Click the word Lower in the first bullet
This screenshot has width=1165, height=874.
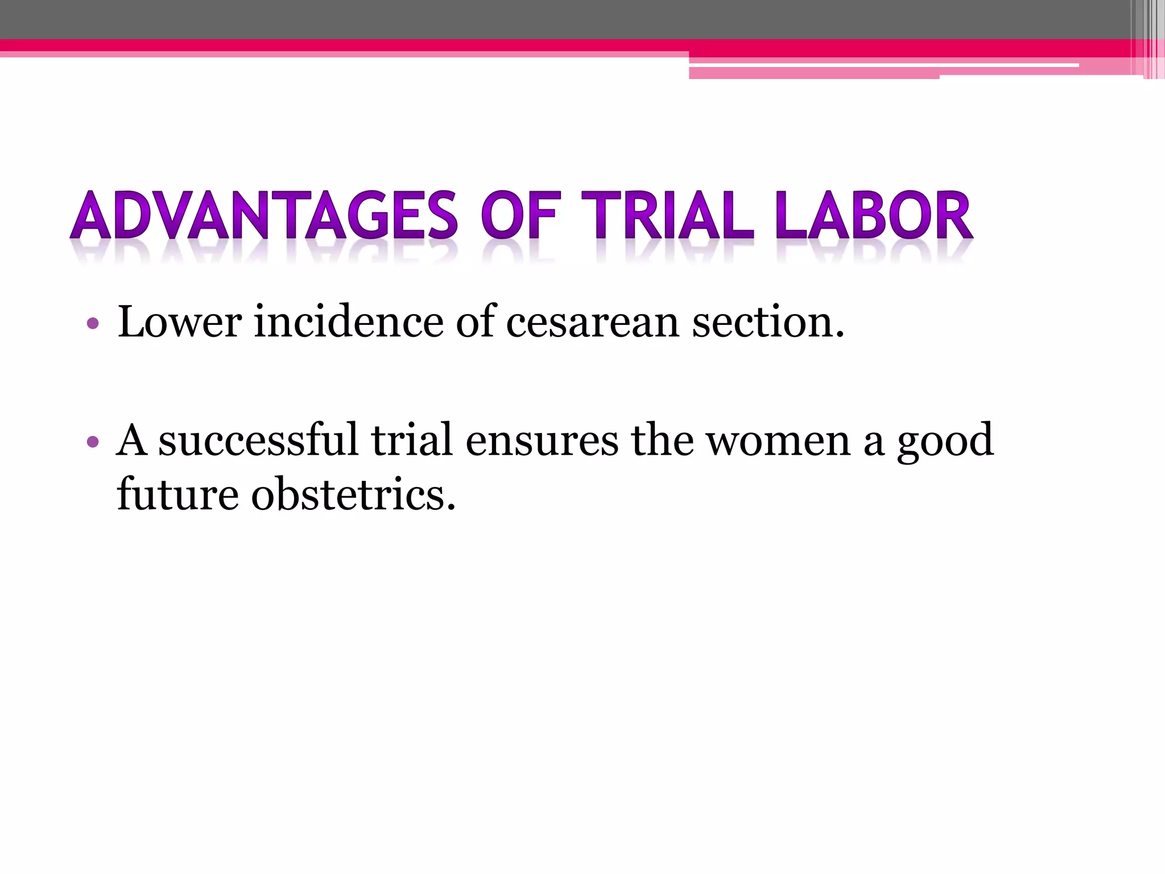coord(180,322)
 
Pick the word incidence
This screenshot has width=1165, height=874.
coord(348,322)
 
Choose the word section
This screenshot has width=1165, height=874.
coord(768,322)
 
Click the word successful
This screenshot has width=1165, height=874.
coord(258,440)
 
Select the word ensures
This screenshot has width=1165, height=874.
coord(542,442)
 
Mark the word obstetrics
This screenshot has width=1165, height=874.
coord(353,494)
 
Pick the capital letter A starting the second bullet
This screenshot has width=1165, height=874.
coord(131,440)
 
